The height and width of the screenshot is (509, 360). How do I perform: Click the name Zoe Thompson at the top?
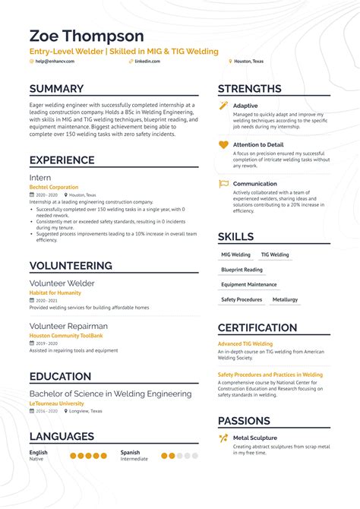[86, 36]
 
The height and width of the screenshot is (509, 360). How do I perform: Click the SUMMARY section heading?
[56, 89]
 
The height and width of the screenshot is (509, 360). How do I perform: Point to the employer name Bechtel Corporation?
[54, 187]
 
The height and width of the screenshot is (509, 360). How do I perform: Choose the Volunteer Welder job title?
[62, 283]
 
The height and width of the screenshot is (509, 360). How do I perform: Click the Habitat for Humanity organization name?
[55, 292]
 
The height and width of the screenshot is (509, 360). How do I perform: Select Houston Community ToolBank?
[65, 335]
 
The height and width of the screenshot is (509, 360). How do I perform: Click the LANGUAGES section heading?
[62, 436]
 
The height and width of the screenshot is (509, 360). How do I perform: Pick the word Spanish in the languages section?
[130, 452]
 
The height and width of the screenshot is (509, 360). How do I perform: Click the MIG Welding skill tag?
[235, 255]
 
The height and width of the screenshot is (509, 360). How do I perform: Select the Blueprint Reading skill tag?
[242, 270]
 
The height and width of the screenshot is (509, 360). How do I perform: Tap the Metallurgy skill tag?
[286, 299]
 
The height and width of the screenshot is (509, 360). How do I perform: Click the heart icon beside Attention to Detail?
[223, 144]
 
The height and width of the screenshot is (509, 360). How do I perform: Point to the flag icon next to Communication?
[223, 184]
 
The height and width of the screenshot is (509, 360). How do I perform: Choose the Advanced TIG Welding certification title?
[245, 344]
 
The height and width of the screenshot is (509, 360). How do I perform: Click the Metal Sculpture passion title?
[255, 438]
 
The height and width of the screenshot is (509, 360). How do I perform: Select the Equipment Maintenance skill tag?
[249, 285]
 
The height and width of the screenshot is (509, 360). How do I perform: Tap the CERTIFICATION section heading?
[257, 328]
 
